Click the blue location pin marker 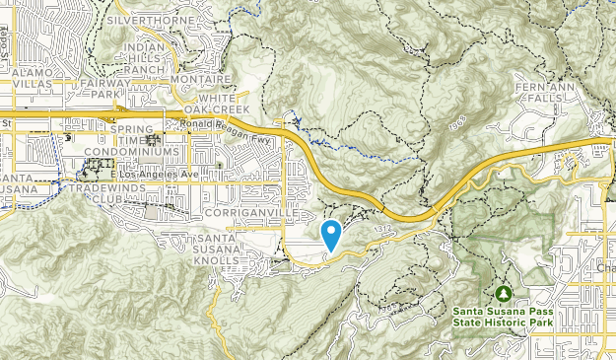pos(331,234)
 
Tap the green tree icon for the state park pos(504,293)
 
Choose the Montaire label pos(201,80)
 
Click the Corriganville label pos(246,213)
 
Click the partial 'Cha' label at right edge pos(605,267)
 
